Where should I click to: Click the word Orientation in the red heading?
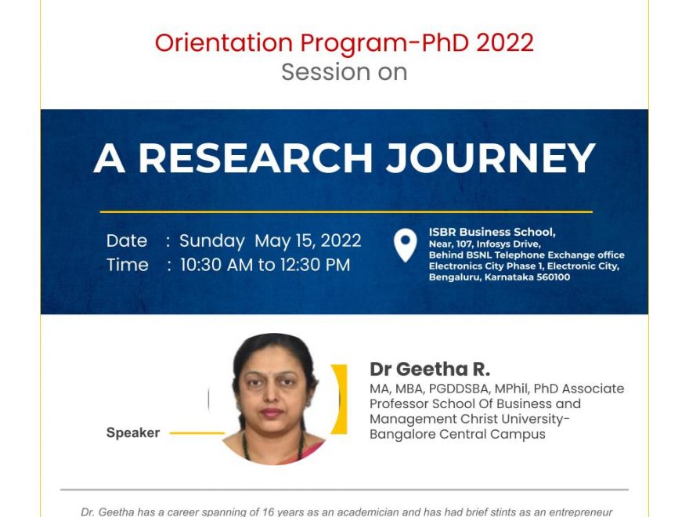click(x=224, y=42)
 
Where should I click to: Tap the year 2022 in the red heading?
click(x=505, y=42)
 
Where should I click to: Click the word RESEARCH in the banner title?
click(x=256, y=158)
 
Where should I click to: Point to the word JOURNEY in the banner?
click(x=490, y=158)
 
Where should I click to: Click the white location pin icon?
click(x=405, y=245)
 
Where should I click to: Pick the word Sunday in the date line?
click(x=212, y=241)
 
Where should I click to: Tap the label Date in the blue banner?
click(x=127, y=241)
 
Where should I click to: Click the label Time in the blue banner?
click(x=128, y=265)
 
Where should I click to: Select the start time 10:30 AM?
click(x=217, y=265)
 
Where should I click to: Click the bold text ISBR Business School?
click(x=492, y=232)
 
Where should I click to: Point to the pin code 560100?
click(x=554, y=277)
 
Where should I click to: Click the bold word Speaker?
click(x=133, y=433)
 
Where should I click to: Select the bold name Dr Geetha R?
click(x=430, y=369)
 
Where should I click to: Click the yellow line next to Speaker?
click(x=197, y=433)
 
